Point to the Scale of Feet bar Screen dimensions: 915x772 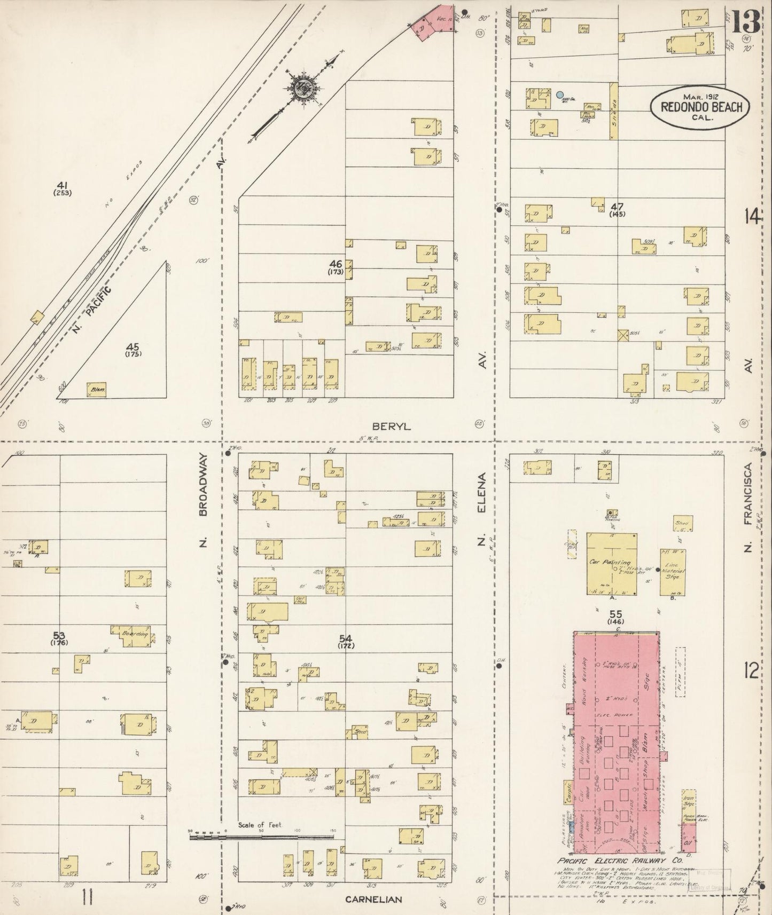point(261,837)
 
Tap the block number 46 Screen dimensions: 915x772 point(335,264)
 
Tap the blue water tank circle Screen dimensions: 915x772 point(559,95)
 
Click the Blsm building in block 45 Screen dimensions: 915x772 point(97,390)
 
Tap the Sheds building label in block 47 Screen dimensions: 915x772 point(614,111)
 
